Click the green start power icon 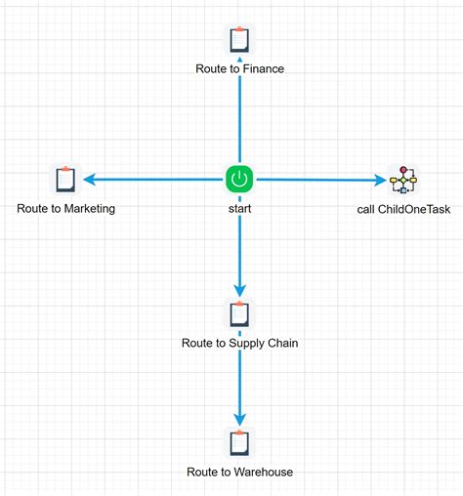239,179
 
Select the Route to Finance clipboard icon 239,40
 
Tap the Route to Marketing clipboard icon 65,179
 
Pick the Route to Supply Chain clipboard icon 239,314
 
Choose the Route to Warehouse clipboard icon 239,442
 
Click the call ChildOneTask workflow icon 402,179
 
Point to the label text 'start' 239,208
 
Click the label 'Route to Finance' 239,69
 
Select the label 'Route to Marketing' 65,208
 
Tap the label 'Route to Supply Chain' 239,343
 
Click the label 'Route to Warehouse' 239,472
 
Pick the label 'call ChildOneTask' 402,208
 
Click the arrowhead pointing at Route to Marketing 89,179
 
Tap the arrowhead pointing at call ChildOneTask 380,179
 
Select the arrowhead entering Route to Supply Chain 239,290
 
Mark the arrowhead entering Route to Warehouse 239,419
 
